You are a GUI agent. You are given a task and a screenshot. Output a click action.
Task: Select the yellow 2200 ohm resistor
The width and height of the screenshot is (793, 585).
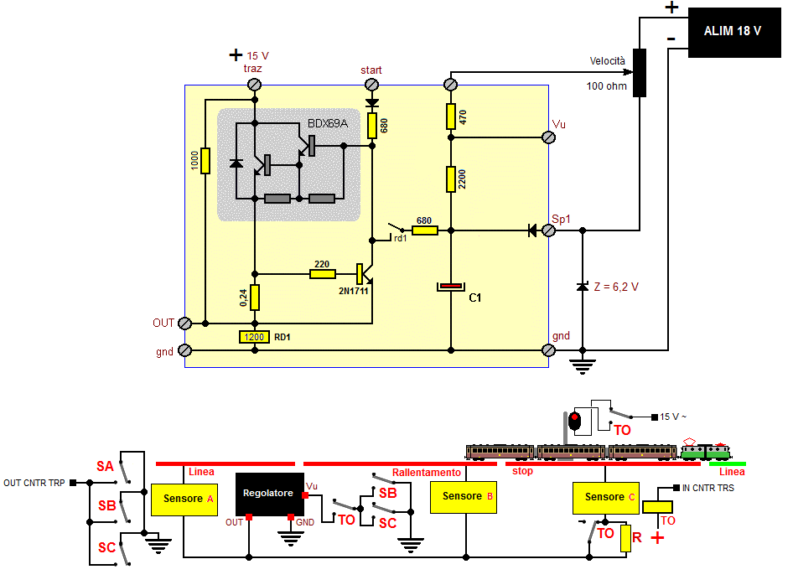point(450,180)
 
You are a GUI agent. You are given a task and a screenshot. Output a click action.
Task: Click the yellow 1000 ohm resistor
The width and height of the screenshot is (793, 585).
point(206,161)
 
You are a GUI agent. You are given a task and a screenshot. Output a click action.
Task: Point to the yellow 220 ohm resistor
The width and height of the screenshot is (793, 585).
point(322,273)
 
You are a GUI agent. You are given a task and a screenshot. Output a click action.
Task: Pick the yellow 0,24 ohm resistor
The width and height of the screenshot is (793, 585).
point(255,297)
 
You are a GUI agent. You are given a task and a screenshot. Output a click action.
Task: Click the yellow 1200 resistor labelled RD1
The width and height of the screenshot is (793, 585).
point(254,337)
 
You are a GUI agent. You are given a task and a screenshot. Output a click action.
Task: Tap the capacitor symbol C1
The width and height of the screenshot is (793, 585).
point(450,287)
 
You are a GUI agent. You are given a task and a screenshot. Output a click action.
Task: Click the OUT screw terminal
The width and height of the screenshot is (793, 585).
point(186,323)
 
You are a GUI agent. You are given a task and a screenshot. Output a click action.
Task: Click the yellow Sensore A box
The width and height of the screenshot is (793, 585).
point(184,499)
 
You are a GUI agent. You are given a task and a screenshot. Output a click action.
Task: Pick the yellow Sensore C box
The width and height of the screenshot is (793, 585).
point(604,497)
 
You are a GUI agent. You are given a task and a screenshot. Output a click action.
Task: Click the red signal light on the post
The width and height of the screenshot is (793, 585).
point(574,418)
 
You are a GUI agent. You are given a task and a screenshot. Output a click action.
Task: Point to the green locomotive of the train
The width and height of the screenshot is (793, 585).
point(702,452)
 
